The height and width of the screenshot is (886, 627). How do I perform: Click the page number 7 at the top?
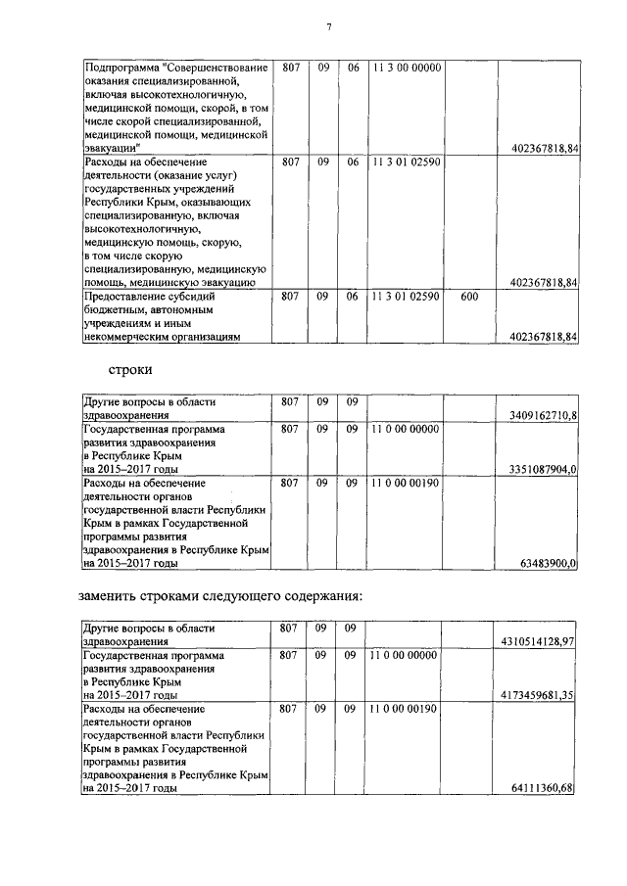[x=328, y=26]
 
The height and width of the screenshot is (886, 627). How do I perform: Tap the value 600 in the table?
[x=468, y=296]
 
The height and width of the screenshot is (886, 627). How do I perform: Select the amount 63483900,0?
[x=553, y=563]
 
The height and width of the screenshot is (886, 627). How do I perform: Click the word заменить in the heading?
[x=110, y=596]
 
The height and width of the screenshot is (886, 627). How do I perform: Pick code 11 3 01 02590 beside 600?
[x=407, y=296]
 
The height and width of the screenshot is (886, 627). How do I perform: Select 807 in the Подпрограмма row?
[x=290, y=69]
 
